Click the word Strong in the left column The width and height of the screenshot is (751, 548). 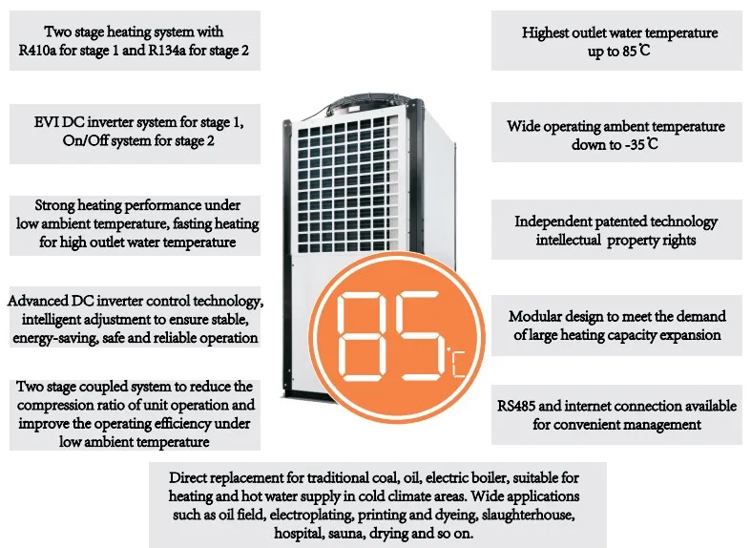(x=54, y=205)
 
